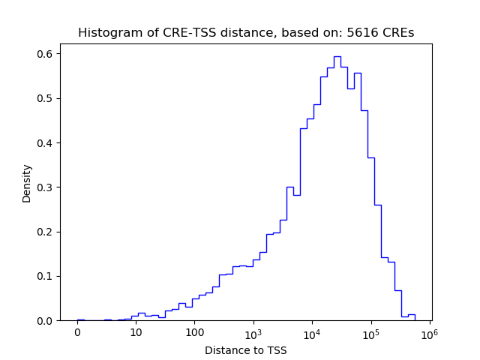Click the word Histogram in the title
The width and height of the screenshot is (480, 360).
(x=106, y=33)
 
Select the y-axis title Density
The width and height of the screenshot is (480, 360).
(x=27, y=183)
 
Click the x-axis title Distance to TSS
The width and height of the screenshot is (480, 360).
(x=245, y=350)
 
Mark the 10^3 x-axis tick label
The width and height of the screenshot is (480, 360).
(x=253, y=332)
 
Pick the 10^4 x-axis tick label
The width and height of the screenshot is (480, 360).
(x=312, y=332)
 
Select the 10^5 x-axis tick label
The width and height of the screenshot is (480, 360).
(x=370, y=332)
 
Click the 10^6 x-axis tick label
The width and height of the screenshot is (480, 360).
(x=429, y=332)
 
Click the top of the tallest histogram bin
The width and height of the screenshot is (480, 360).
(x=337, y=56)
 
